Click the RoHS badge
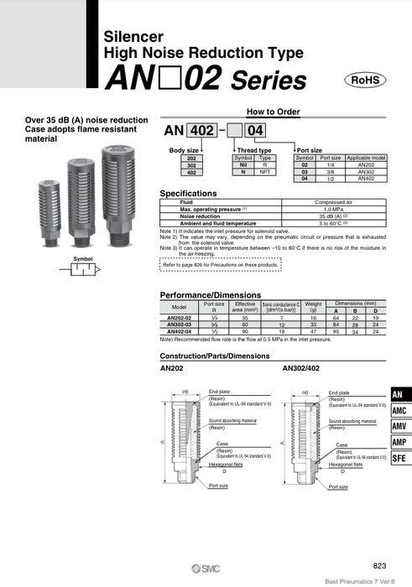[x=365, y=80]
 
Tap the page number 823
[x=380, y=568]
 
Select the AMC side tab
[x=400, y=412]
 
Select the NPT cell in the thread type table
[x=265, y=171]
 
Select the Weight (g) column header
[x=313, y=307]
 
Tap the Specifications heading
[x=194, y=193]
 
